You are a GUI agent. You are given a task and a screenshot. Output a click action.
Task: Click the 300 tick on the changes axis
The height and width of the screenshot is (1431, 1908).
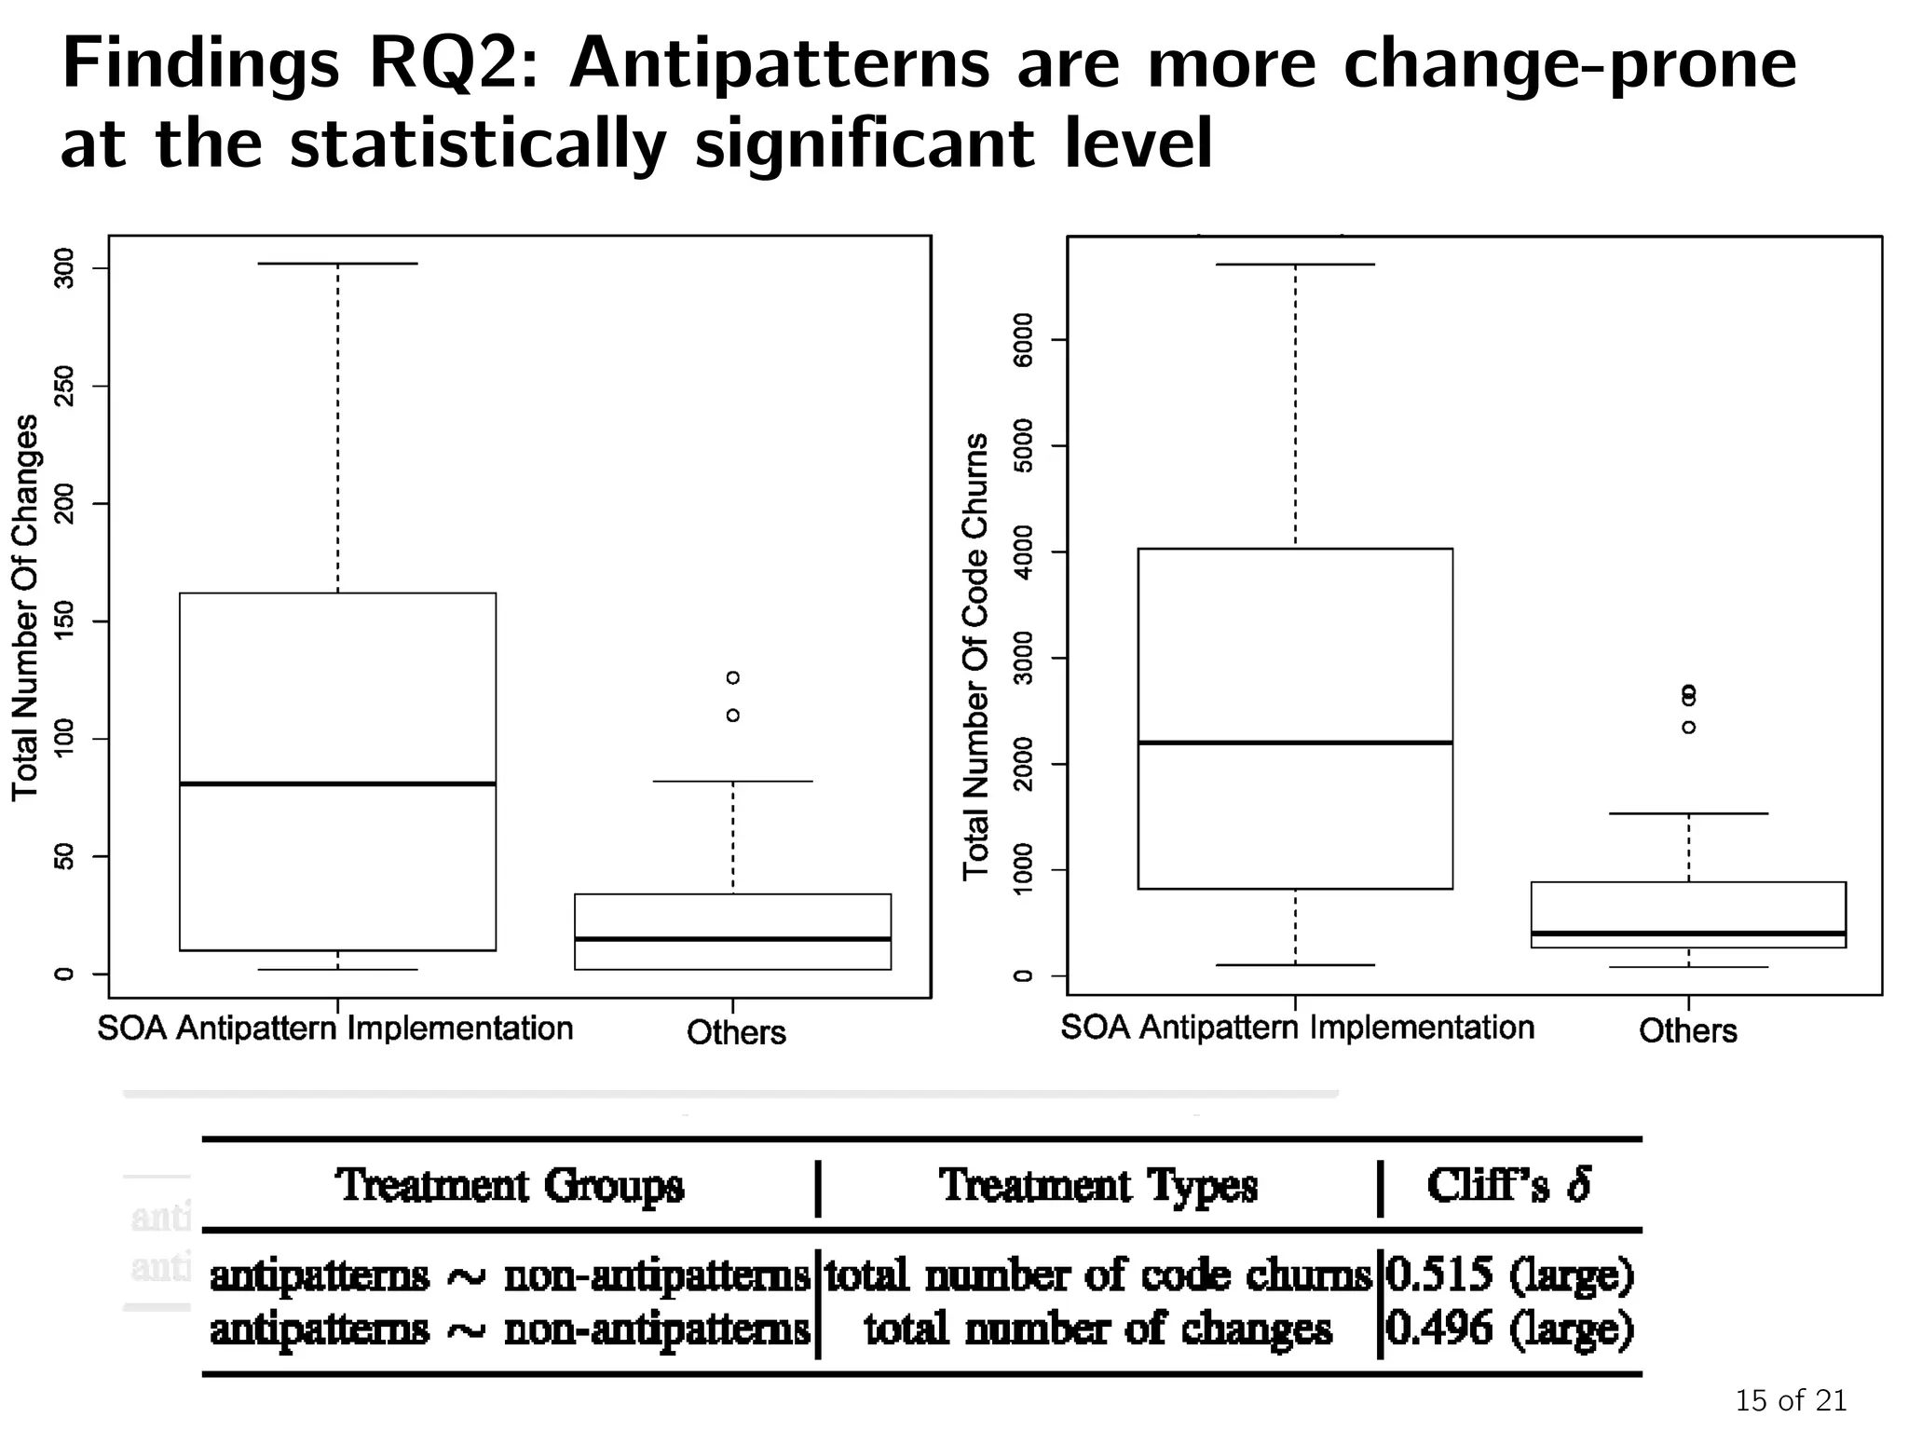(x=64, y=269)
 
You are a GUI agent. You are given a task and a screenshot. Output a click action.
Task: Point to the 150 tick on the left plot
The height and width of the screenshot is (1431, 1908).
(x=64, y=621)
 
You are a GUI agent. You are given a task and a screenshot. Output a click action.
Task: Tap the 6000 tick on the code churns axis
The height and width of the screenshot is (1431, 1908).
(x=1023, y=340)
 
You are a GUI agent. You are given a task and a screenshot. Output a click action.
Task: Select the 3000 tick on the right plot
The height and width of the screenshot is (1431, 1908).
(x=1023, y=659)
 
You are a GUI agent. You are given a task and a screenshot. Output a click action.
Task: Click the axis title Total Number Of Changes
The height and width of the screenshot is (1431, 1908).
(x=25, y=607)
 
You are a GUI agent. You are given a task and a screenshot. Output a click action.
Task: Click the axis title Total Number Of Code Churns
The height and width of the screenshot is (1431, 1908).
(x=975, y=656)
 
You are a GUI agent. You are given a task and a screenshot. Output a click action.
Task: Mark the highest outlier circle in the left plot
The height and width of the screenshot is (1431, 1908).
(x=733, y=677)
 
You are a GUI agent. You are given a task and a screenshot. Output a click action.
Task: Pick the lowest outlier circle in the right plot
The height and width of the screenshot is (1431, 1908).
(x=1689, y=727)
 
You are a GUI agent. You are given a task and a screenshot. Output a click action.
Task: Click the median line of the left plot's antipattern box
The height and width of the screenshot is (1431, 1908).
(x=337, y=784)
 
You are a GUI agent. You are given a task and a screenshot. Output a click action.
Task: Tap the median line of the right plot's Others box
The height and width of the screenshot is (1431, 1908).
(x=1689, y=933)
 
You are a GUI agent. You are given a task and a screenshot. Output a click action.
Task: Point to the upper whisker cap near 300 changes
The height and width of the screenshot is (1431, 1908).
(x=337, y=264)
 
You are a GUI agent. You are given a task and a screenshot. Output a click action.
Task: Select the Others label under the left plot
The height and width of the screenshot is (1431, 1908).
(x=736, y=1032)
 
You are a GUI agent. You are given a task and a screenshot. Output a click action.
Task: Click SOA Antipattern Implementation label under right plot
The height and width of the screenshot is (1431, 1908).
(x=1297, y=1027)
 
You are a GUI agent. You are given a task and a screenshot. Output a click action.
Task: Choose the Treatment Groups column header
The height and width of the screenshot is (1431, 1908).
(x=510, y=1186)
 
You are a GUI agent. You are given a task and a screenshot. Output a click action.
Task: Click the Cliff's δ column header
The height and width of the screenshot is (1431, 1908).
(x=1509, y=1185)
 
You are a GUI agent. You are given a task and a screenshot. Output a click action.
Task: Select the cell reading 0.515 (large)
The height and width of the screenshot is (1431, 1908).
(x=1509, y=1274)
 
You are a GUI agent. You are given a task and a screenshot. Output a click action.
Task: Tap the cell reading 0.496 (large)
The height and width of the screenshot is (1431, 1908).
(x=1509, y=1328)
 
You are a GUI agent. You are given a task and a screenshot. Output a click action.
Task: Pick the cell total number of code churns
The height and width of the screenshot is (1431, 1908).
(x=1098, y=1274)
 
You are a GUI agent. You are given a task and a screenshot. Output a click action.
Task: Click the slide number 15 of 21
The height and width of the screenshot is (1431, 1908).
(x=1790, y=1400)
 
